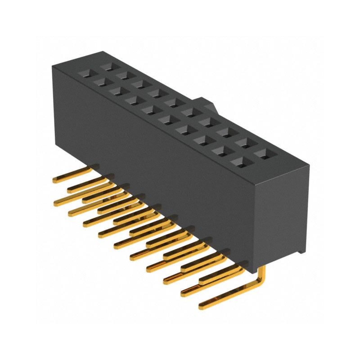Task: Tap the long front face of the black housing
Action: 153,157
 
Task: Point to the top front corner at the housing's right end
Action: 257,184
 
